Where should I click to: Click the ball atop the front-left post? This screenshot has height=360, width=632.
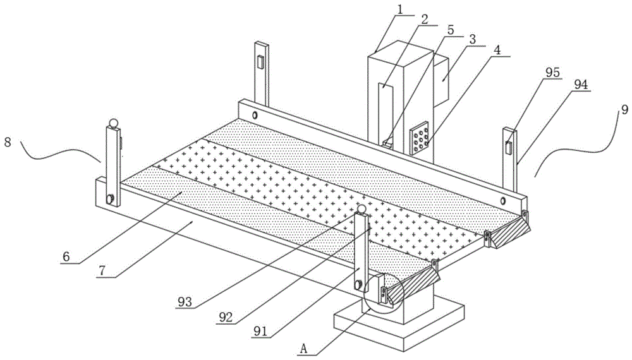tap(113, 122)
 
